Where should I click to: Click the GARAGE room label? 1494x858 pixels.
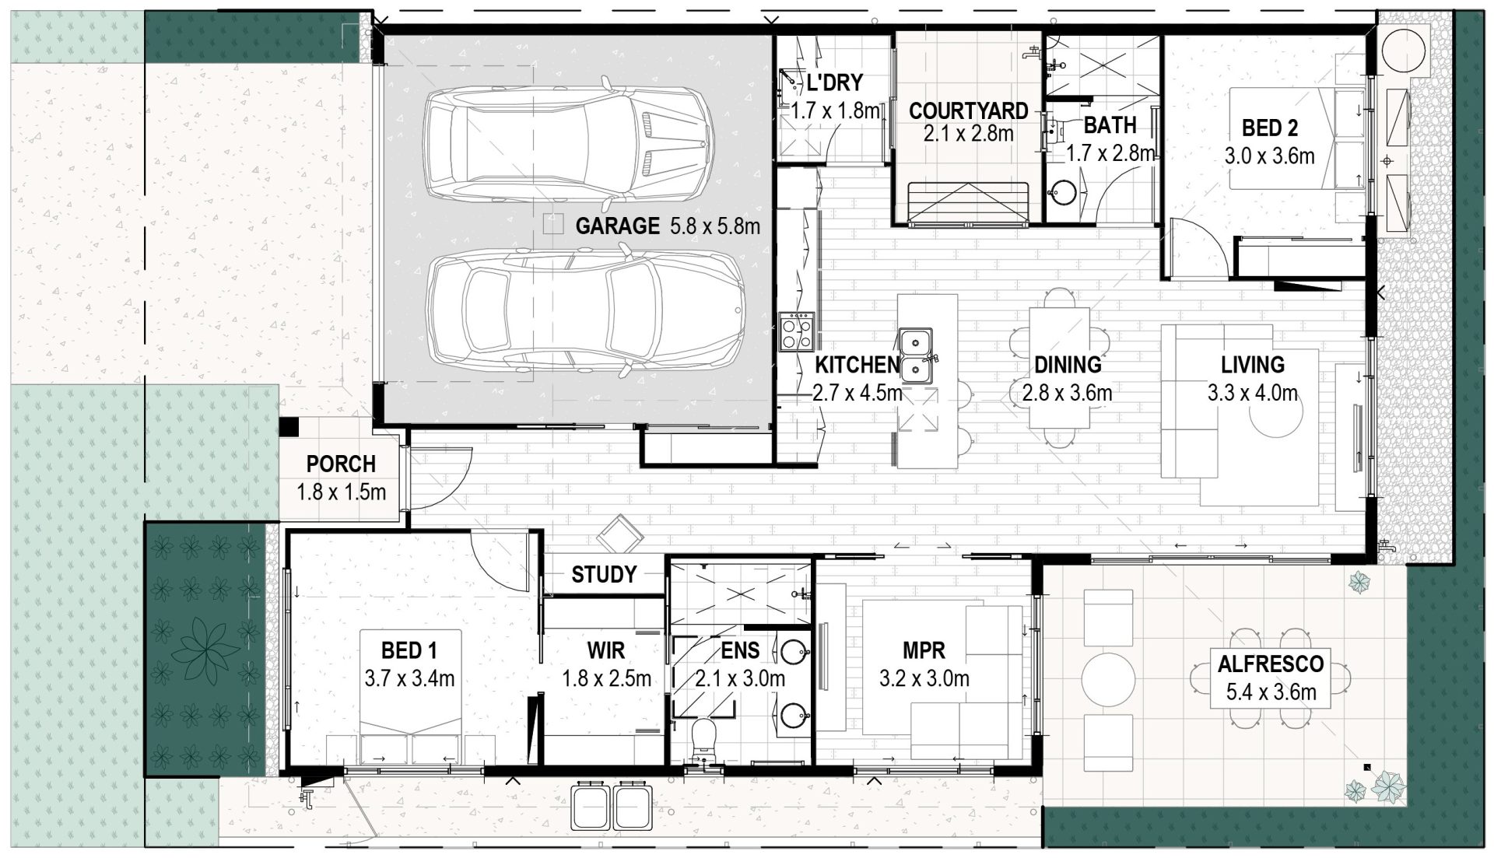point(617,226)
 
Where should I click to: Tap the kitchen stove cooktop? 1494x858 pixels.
point(796,331)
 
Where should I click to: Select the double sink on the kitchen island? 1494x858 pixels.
point(917,356)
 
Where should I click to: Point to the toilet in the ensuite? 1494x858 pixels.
point(704,739)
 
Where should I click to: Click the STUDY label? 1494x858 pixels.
point(604,575)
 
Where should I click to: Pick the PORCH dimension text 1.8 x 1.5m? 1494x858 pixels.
point(341,492)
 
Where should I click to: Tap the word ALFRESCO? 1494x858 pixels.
point(1271,664)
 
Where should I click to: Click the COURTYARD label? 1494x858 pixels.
point(968,110)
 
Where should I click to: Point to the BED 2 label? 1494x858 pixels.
point(1270,128)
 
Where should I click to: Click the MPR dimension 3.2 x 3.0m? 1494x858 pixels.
point(924,678)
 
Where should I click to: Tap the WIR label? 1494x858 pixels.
point(606,650)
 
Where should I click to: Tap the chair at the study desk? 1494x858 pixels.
point(619,534)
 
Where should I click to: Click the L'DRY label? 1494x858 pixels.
point(835,82)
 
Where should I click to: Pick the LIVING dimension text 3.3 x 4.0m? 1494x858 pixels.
point(1253,393)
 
